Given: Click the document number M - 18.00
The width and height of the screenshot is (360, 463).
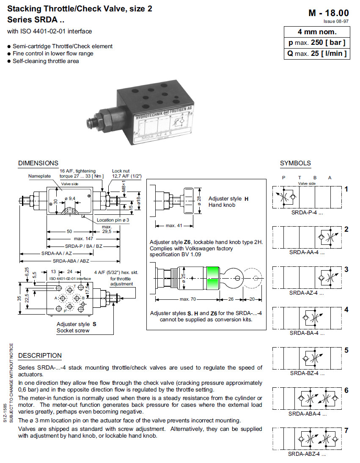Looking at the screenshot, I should tap(329, 13).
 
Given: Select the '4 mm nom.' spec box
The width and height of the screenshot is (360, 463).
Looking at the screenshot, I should tap(317, 32).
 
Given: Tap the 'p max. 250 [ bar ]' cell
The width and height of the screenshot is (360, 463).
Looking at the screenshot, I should tap(317, 43).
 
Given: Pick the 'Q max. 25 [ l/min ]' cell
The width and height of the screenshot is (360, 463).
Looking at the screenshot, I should tap(317, 53).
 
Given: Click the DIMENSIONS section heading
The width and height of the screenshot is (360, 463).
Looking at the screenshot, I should tap(38, 163).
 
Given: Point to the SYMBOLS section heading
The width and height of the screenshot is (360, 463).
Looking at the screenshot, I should tap(295, 163).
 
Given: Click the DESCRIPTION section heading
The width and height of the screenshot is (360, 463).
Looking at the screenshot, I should tap(40, 356).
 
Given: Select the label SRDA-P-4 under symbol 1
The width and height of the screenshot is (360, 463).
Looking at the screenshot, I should tap(307, 213).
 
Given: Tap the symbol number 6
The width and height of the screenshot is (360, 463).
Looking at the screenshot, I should tap(346, 390).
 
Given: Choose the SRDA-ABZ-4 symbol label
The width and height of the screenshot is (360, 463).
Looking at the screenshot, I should tap(307, 454).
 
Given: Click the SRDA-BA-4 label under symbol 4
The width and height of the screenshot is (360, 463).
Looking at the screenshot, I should tap(307, 333).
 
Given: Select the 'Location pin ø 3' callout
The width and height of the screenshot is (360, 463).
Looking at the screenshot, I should tap(113, 220).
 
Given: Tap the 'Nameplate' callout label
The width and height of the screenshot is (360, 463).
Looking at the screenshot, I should tap(39, 176).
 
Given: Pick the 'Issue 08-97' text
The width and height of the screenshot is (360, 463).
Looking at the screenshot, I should tap(336, 21).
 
